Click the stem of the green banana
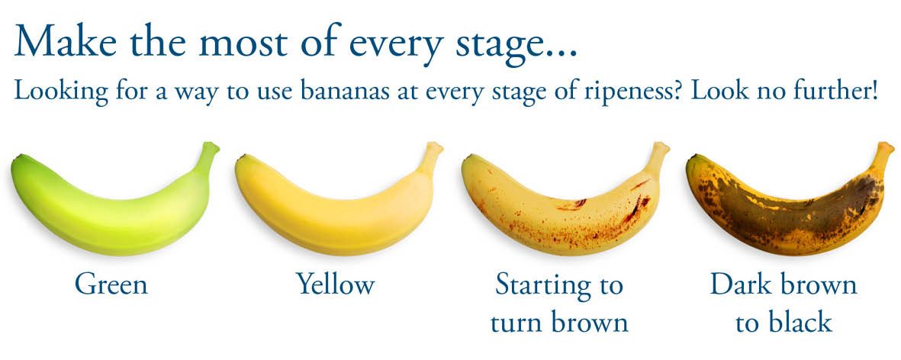coord(208,155)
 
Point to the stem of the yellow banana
coord(432,155)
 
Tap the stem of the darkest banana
coord(883,155)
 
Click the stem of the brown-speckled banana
coord(658,155)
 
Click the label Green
coord(111,284)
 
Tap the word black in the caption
coord(799,322)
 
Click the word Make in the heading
coord(68,40)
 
